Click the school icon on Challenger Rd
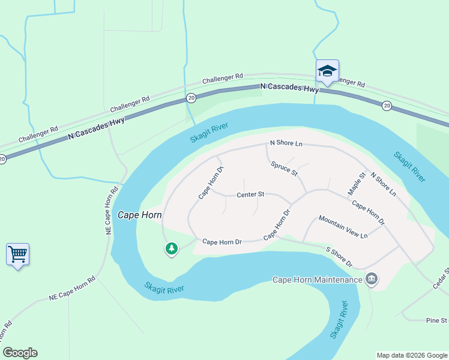point(327,71)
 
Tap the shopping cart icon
point(17,254)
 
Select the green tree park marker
point(172,248)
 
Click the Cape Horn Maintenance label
point(317,280)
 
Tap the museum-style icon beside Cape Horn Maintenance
point(372,279)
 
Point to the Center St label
point(250,194)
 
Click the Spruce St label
point(284,168)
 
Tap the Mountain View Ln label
point(343,226)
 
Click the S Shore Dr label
point(339,257)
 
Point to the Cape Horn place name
point(140,215)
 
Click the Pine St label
point(436,320)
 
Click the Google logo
point(20,353)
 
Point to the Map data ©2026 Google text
point(411,355)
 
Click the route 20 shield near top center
point(191,98)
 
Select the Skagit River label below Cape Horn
point(164,288)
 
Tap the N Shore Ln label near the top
point(286,143)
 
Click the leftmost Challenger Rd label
point(38,133)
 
